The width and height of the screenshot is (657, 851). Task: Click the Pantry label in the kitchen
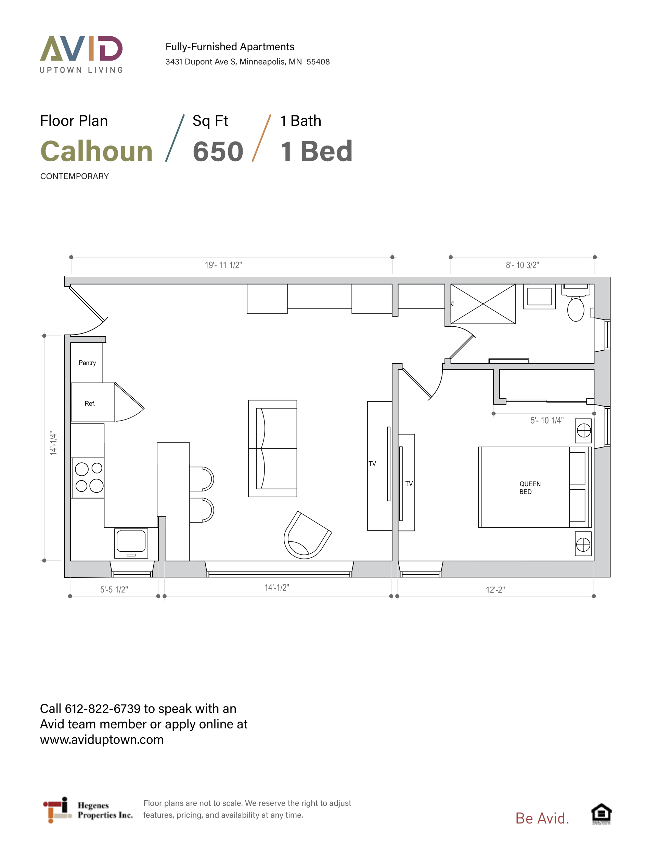pyautogui.click(x=87, y=363)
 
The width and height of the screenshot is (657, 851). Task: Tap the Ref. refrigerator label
pyautogui.click(x=90, y=404)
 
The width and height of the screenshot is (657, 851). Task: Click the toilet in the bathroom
pyautogui.click(x=576, y=304)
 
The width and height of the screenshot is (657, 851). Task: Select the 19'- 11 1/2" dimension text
pyautogui.click(x=223, y=265)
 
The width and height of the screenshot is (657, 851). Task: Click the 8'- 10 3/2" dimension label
pyautogui.click(x=522, y=265)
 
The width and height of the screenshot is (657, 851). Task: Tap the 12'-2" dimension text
pyautogui.click(x=495, y=590)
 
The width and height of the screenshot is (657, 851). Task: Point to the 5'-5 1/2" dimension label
pyautogui.click(x=114, y=590)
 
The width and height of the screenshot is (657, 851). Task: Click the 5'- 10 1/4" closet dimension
pyautogui.click(x=547, y=421)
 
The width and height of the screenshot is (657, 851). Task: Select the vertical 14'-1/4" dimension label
pyautogui.click(x=53, y=443)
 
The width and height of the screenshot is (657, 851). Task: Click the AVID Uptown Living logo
pyautogui.click(x=81, y=54)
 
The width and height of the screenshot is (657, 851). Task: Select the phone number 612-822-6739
pyautogui.click(x=102, y=709)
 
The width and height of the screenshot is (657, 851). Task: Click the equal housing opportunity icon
pyautogui.click(x=601, y=814)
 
